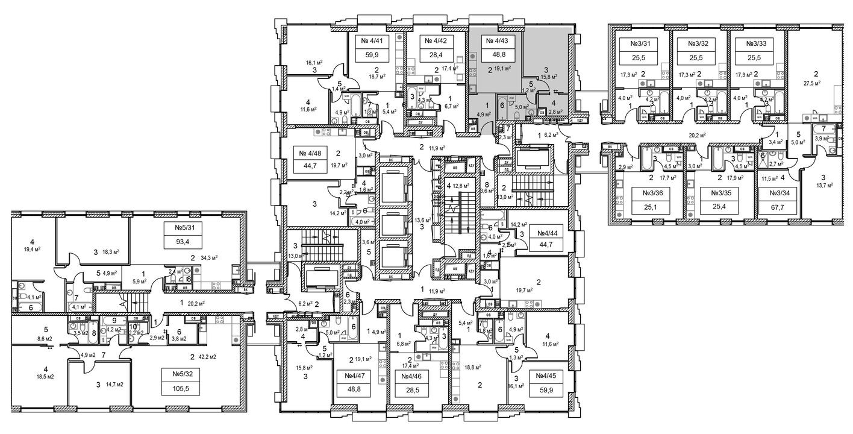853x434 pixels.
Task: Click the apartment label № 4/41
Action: pyautogui.click(x=372, y=42)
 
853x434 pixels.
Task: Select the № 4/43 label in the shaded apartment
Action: pyautogui.click(x=496, y=42)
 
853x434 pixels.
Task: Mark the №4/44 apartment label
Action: pyautogui.click(x=545, y=233)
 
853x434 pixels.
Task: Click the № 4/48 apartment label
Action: pyautogui.click(x=309, y=153)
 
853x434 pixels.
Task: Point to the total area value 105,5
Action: pyautogui.click(x=178, y=389)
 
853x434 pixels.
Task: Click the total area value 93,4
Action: pyautogui.click(x=178, y=243)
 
